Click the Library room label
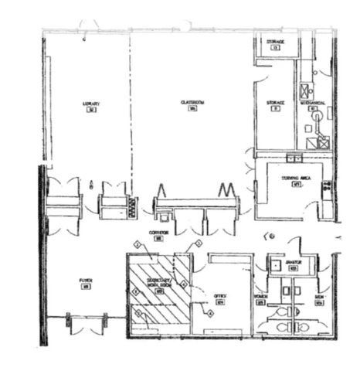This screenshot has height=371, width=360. point(91,102)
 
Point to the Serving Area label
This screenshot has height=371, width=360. point(295,177)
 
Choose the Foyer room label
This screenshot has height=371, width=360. point(85,281)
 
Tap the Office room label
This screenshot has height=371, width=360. point(220,294)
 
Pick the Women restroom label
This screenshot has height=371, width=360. point(260,296)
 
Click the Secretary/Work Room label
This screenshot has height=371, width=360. point(157,282)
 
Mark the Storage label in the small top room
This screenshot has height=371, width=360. point(276,41)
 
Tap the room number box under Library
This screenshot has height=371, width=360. point(91,109)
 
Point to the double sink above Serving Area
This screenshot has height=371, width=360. point(294,158)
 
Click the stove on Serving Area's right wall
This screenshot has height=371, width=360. point(328,186)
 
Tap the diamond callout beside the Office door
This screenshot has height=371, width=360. point(209,312)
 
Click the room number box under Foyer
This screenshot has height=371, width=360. point(85,288)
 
